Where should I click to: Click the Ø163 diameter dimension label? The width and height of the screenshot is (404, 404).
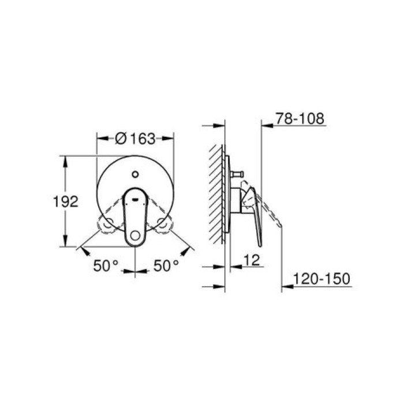click(x=135, y=139)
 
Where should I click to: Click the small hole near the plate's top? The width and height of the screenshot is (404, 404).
click(x=134, y=173)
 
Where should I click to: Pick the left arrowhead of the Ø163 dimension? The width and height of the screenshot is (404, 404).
click(x=99, y=139)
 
